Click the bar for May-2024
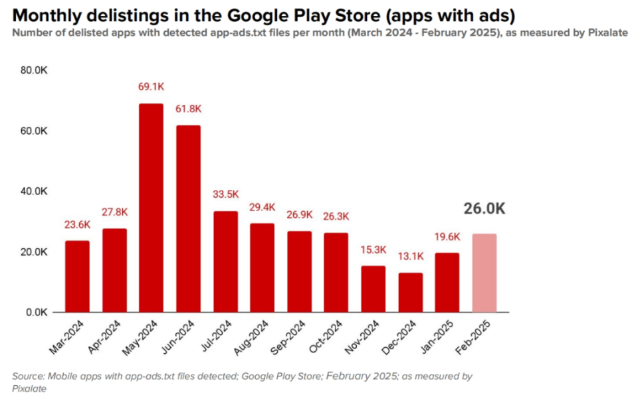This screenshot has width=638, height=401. [151, 208]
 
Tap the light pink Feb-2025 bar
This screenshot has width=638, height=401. [484, 273]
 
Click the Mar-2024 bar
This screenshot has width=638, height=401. [77, 276]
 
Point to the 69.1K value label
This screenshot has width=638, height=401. [151, 86]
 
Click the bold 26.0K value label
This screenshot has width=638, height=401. [484, 209]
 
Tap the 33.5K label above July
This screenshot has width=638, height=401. [225, 195]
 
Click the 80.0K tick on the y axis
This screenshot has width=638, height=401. [34, 70]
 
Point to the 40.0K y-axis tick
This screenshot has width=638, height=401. [34, 191]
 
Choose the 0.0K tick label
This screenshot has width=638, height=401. [37, 312]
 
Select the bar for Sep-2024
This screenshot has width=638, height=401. [299, 272]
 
